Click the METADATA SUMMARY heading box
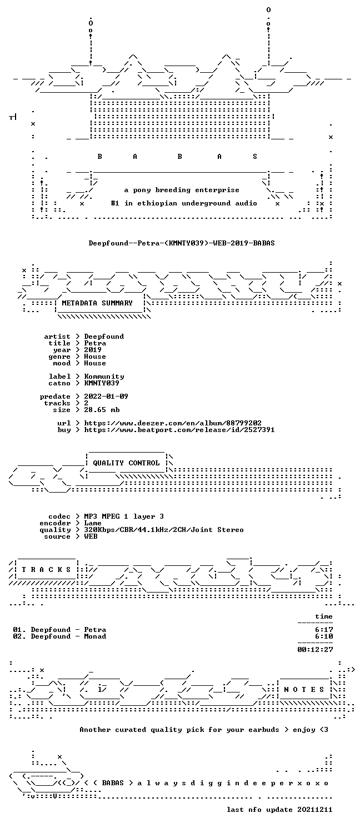[97, 303]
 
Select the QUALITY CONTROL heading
[126, 463]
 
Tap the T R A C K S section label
[46, 569]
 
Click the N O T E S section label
[304, 690]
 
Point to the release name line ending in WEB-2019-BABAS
[182, 243]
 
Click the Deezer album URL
[173, 423]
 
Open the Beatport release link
[179, 430]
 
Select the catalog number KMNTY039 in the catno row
[102, 383]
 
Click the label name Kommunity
[104, 377]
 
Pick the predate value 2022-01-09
[106, 397]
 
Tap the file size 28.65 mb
[102, 410]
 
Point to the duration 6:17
[324, 630]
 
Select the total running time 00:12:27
[315, 649]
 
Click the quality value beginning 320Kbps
[164, 530]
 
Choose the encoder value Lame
[93, 523]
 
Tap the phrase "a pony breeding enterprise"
[182, 190]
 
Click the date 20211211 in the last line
[314, 810]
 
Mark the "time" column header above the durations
[323, 616]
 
